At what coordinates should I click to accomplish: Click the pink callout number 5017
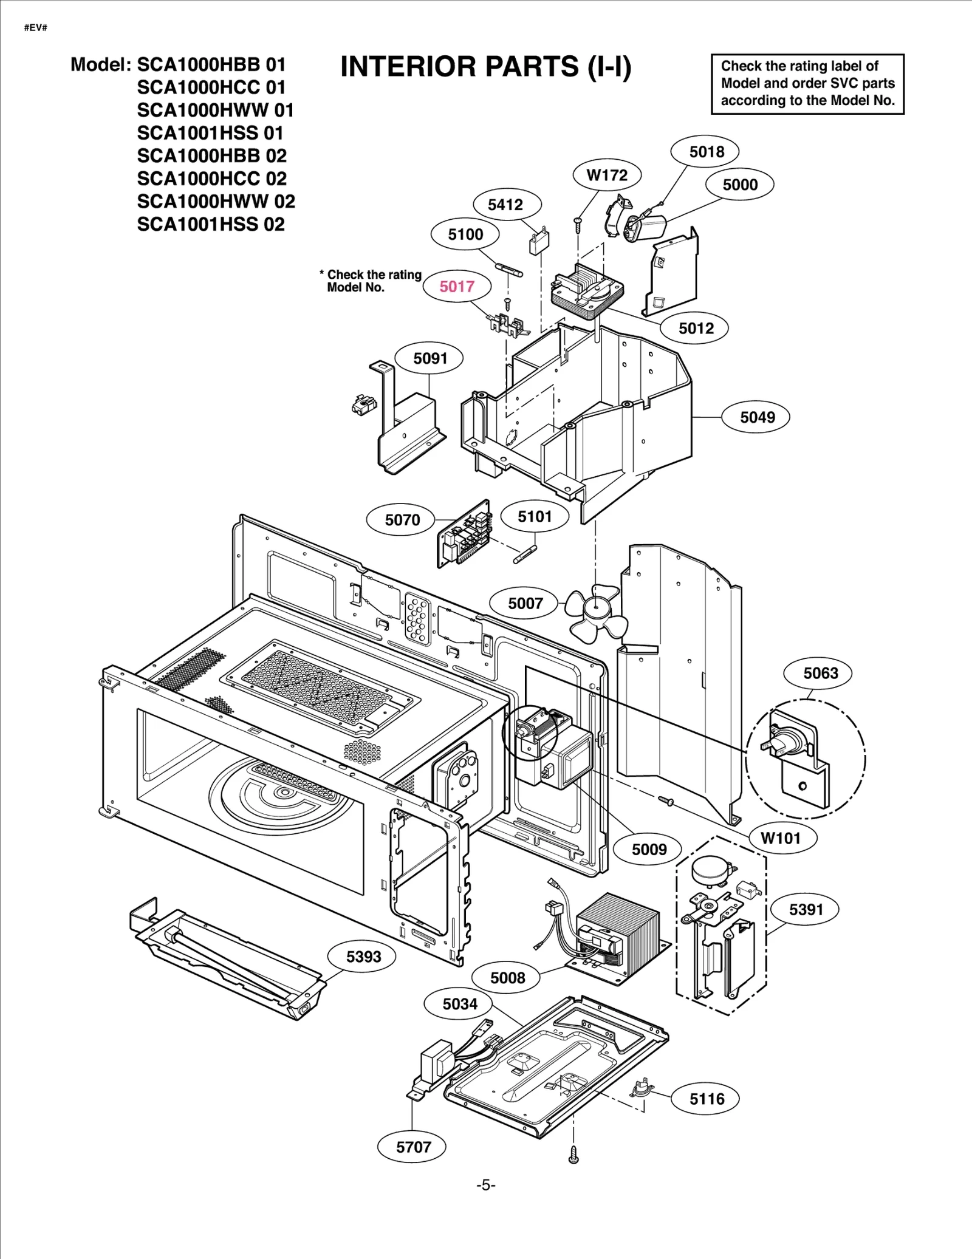point(457,286)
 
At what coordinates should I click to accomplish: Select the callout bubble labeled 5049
point(757,417)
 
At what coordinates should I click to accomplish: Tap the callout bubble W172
point(606,176)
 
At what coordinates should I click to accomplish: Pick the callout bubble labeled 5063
point(820,673)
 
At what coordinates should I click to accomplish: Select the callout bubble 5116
point(707,1099)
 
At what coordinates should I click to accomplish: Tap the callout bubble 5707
point(413,1147)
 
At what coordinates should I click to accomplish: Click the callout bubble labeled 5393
point(363,957)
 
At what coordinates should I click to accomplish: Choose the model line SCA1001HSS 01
point(210,133)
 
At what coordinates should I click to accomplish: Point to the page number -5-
point(485,1186)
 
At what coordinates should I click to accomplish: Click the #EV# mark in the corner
point(36,29)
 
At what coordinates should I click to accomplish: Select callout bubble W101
point(781,838)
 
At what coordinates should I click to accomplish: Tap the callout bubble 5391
point(806,910)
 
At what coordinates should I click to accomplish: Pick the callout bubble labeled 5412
point(505,205)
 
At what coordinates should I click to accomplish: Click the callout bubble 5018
point(707,152)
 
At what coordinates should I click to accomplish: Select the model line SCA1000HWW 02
point(216,202)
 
